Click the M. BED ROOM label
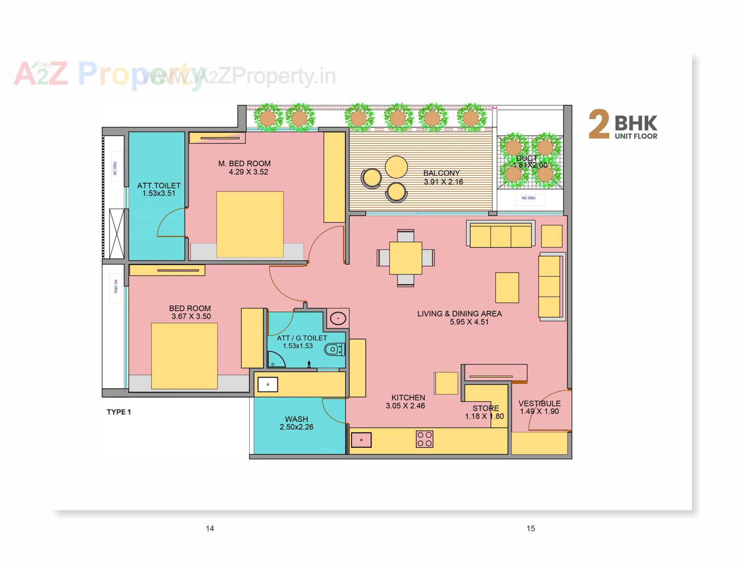tap(244, 163)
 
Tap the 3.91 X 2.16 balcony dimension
tap(443, 182)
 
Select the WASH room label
tap(296, 419)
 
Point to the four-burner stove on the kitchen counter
tap(424, 439)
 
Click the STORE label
tap(486, 408)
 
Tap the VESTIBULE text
tap(539, 404)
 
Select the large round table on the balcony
tap(396, 167)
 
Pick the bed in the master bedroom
tap(250, 224)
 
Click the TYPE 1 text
tap(119, 412)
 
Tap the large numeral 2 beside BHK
tap(599, 124)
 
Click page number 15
tap(530, 528)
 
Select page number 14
tap(210, 528)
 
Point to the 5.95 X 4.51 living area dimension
tap(469, 322)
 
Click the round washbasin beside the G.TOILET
tap(338, 319)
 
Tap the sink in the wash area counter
tap(268, 385)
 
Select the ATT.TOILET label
tap(158, 186)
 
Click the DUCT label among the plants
tap(527, 158)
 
